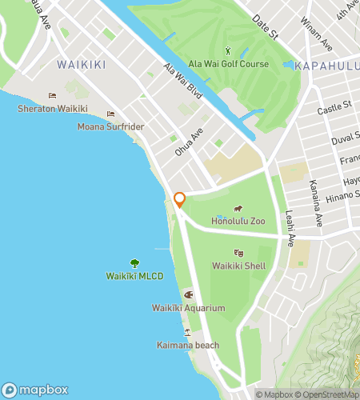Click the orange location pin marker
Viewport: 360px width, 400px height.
pos(180,200)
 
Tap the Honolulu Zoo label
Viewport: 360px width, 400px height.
pos(238,220)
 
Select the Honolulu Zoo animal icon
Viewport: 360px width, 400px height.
pos(238,210)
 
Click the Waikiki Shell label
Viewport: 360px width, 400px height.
pos(239,266)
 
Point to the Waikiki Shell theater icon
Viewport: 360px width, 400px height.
pos(239,253)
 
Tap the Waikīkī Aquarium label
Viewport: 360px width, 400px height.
pos(188,308)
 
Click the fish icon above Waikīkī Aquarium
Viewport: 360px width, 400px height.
pos(189,294)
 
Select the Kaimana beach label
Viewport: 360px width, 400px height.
pos(188,345)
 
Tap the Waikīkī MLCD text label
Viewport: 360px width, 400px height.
pos(134,276)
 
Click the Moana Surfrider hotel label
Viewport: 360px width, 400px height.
pos(110,126)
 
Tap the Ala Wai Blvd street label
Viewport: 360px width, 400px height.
pos(183,82)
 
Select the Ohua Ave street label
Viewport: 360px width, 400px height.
pos(190,142)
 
